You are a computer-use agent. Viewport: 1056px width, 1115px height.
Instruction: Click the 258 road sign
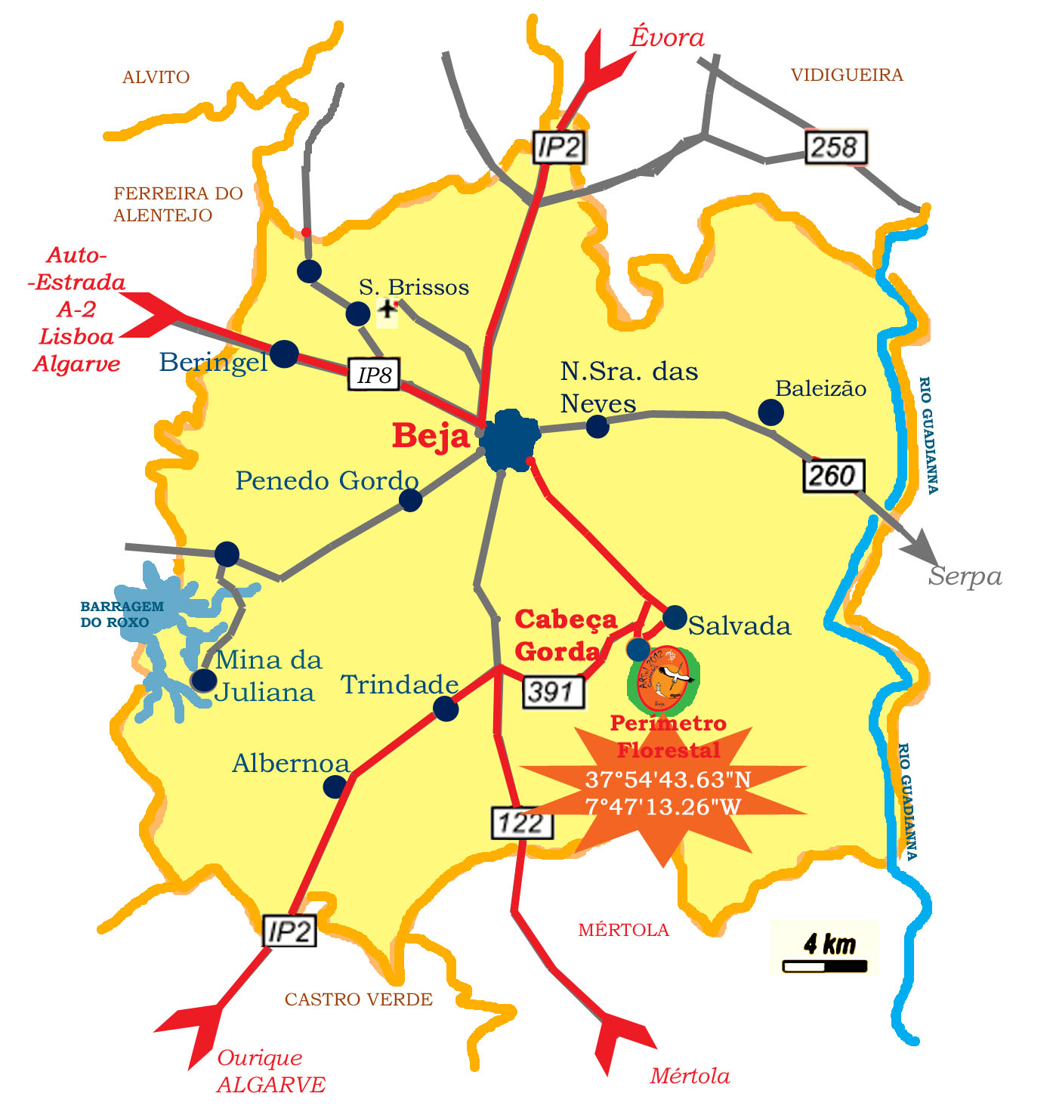click(x=835, y=147)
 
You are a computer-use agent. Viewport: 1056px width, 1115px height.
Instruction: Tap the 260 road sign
click(x=832, y=476)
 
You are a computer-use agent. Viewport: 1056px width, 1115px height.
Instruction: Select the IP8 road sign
click(x=373, y=375)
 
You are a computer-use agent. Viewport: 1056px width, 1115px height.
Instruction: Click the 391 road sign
click(x=553, y=692)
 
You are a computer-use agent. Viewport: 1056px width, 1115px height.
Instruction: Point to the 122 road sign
click(x=522, y=823)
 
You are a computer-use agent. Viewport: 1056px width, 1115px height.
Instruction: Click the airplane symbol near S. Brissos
click(x=388, y=310)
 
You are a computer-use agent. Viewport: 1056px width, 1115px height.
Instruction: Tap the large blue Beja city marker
click(x=510, y=440)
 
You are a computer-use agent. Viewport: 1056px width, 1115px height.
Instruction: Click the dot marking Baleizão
click(x=770, y=412)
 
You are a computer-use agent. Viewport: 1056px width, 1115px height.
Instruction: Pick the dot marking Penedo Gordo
click(x=410, y=499)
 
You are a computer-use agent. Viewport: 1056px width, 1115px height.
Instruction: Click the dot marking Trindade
click(x=446, y=709)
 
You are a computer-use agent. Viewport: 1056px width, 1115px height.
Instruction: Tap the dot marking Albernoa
click(x=335, y=787)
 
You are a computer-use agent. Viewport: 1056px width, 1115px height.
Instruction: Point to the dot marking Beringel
click(x=284, y=354)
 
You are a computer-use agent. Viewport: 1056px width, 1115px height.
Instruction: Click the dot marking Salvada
click(x=675, y=617)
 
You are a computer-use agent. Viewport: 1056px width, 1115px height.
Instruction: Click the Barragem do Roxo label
click(x=122, y=614)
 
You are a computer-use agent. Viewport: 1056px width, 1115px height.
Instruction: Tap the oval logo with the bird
click(x=663, y=679)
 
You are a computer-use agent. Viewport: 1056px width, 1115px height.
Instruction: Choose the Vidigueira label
click(x=847, y=75)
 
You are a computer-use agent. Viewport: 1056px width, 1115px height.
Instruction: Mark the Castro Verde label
click(x=358, y=999)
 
